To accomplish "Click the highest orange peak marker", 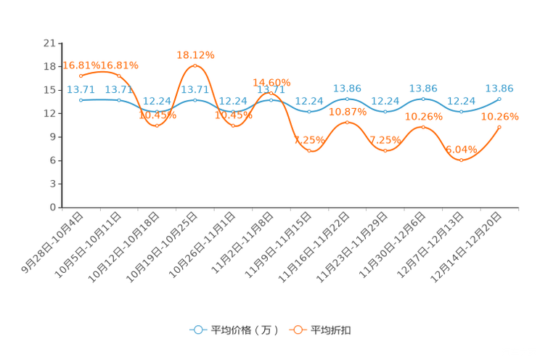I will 195,65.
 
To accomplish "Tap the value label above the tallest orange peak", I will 195,54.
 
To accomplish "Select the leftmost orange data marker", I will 81,75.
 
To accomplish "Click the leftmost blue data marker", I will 81,100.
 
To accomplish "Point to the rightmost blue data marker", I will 499,99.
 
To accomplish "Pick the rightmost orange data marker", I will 499,127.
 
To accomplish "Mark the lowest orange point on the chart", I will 460,160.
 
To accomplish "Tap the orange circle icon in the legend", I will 298,330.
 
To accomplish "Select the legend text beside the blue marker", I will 244,330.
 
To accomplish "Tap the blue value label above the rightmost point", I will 499,88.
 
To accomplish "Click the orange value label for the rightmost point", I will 499,115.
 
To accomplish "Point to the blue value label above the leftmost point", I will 80,89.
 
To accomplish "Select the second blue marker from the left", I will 118,100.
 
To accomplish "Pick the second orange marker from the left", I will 118,75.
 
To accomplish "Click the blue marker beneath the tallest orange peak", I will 195,100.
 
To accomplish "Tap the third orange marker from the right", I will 423,127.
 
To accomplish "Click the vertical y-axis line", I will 60,124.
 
